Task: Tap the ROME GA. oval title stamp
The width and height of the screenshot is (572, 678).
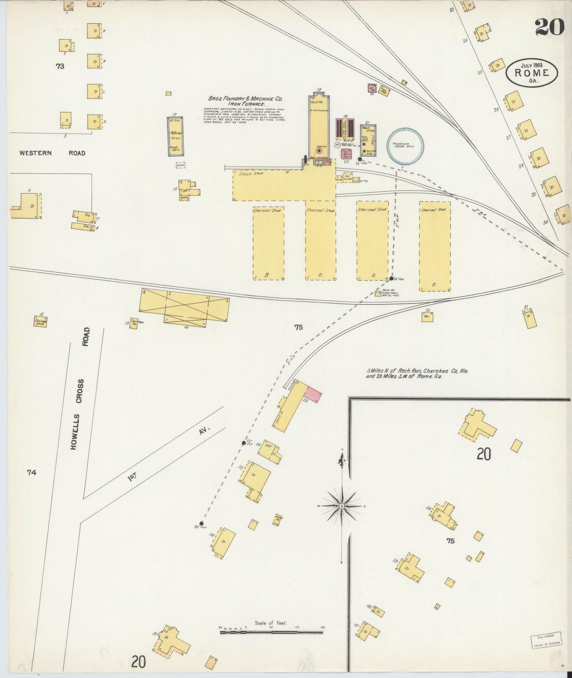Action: [x=532, y=73]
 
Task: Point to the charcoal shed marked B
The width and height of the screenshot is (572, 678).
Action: [x=268, y=243]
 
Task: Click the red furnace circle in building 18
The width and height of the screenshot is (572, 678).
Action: [x=319, y=151]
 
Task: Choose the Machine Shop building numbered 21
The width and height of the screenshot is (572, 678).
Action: [x=368, y=140]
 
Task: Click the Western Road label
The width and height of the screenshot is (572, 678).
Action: [x=52, y=153]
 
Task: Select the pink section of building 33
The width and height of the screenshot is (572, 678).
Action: [x=313, y=396]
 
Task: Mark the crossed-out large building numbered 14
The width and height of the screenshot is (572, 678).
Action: [x=184, y=307]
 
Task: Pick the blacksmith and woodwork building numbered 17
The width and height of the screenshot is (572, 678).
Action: [x=175, y=136]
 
